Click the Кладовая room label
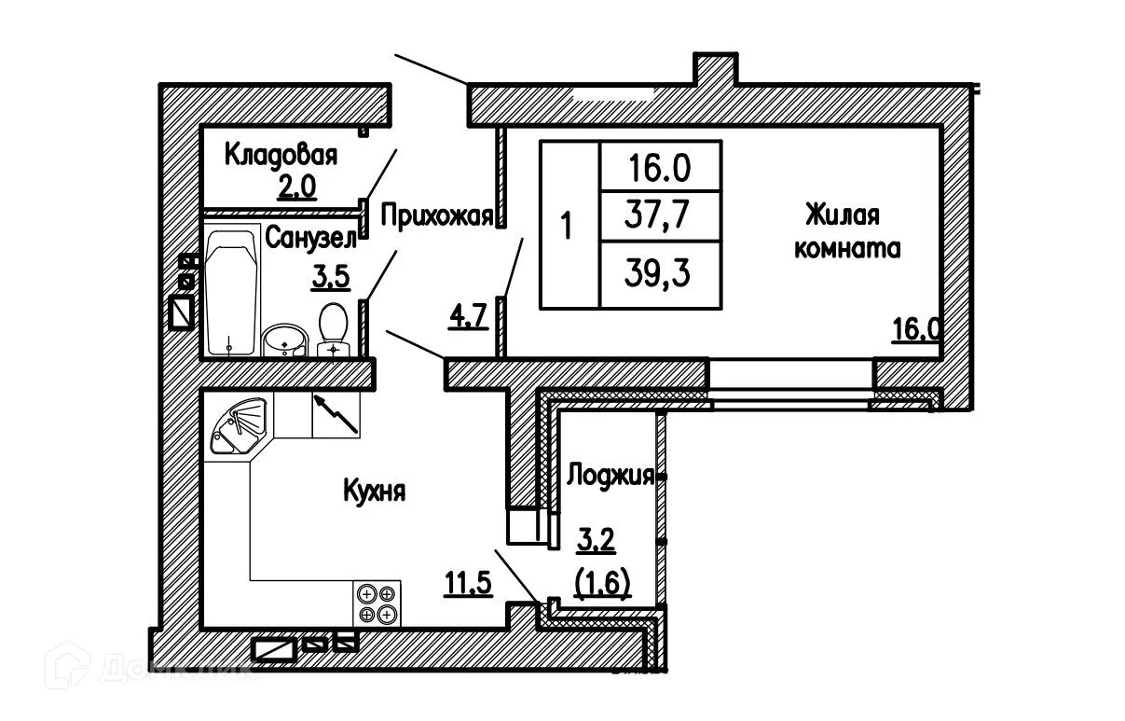point(281,154)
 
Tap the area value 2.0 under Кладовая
point(297,187)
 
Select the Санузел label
point(310,239)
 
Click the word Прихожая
point(436,217)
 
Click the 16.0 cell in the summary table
point(660,168)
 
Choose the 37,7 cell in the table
point(660,218)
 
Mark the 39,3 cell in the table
point(660,274)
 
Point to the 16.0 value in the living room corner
point(918,330)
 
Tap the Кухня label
point(374,492)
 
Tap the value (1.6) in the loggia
point(603,583)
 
